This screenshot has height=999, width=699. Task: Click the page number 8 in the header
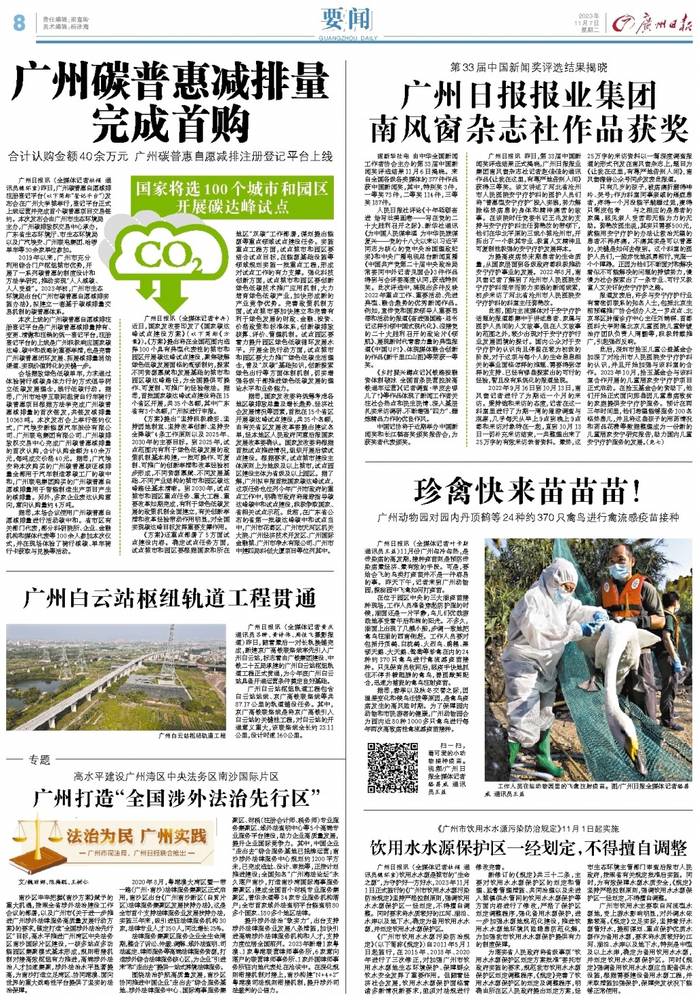coord(18,23)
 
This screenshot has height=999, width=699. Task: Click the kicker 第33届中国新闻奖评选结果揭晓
coord(528,68)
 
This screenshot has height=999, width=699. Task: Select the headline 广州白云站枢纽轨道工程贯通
coord(170,599)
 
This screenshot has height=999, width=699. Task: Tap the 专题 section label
coord(39,759)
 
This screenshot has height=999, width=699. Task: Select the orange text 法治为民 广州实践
coord(136,836)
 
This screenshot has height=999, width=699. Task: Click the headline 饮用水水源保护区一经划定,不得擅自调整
coord(528,848)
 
